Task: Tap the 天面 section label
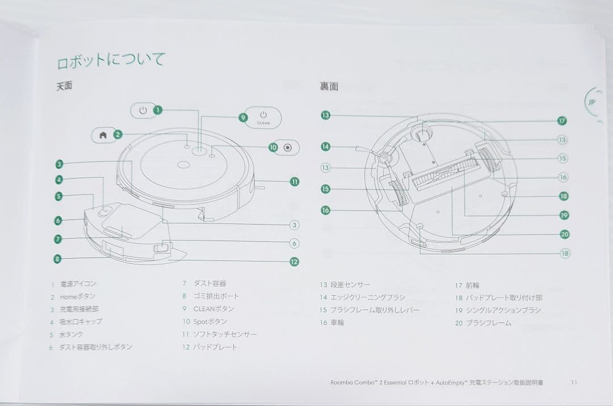(x=64, y=87)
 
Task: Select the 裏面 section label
(x=329, y=86)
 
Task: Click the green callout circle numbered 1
(x=158, y=110)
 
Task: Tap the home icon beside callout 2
(x=103, y=135)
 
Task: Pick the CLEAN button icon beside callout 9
(x=263, y=117)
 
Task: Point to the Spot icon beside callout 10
(x=288, y=147)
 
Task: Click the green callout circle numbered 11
(x=294, y=182)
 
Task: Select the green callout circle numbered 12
(x=294, y=262)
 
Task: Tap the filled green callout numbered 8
(x=57, y=259)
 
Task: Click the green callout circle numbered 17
(x=562, y=121)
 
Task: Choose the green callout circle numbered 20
(x=564, y=234)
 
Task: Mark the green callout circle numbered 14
(x=325, y=147)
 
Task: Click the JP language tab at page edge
(x=592, y=103)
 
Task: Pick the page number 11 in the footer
(x=573, y=383)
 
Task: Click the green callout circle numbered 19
(x=564, y=215)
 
